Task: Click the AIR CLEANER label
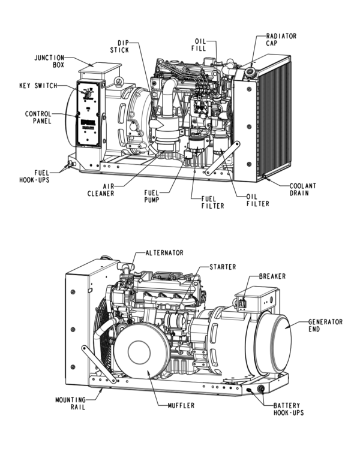(100, 189)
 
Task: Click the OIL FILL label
(200, 44)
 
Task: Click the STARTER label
(223, 266)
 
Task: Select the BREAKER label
(271, 276)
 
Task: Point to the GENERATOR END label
(325, 325)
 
